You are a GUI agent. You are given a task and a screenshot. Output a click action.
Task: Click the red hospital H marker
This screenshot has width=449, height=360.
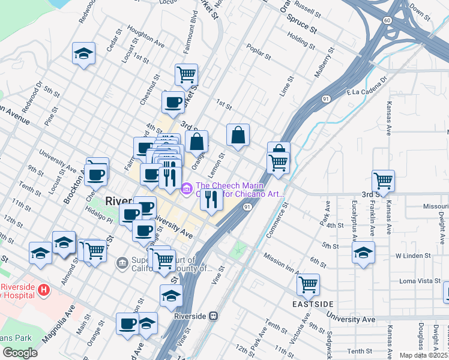(43, 290)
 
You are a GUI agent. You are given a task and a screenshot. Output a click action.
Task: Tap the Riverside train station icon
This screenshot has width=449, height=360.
(212, 316)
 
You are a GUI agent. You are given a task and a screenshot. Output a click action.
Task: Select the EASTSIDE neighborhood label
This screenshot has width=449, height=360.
(313, 304)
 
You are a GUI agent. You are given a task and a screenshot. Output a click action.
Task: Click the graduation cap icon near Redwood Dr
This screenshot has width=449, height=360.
(84, 54)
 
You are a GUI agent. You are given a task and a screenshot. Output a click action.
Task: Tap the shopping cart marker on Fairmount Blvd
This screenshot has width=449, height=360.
(187, 75)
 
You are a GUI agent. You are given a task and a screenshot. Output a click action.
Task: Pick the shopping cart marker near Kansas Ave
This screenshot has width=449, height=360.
(383, 179)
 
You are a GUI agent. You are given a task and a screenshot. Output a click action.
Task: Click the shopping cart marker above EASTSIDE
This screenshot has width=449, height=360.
(308, 284)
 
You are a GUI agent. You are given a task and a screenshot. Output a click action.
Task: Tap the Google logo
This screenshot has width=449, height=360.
(20, 353)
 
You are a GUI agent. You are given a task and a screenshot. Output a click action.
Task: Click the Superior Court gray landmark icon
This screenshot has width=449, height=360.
(122, 262)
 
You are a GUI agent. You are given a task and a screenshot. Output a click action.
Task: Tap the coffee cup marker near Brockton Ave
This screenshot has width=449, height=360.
(96, 175)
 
